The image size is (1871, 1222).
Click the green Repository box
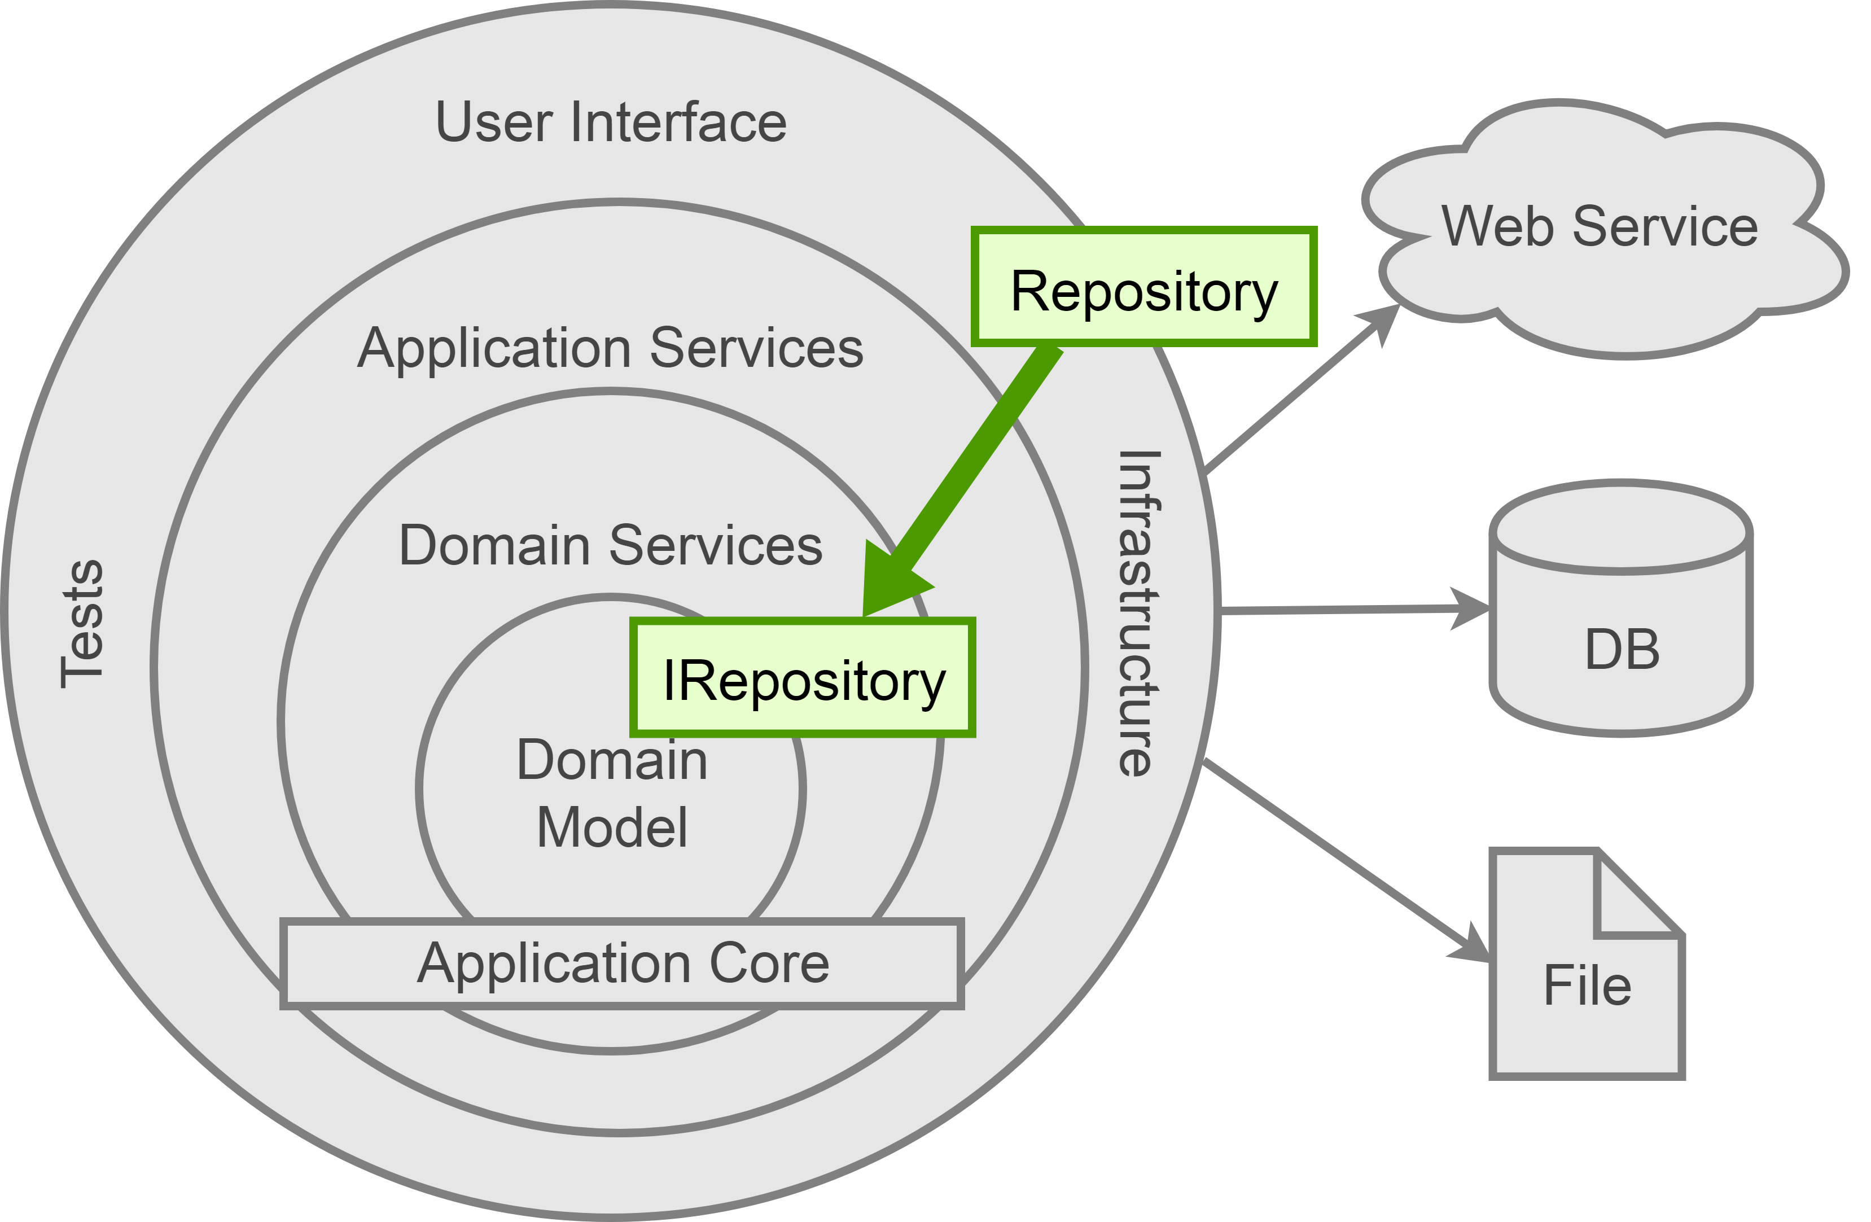[1144, 288]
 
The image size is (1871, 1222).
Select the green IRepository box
[803, 678]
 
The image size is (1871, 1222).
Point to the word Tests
[82, 624]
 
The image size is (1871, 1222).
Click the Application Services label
[611, 348]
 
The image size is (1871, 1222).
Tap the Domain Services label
[611, 545]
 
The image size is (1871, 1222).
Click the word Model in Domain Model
[612, 827]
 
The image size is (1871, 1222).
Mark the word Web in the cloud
[1497, 226]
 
